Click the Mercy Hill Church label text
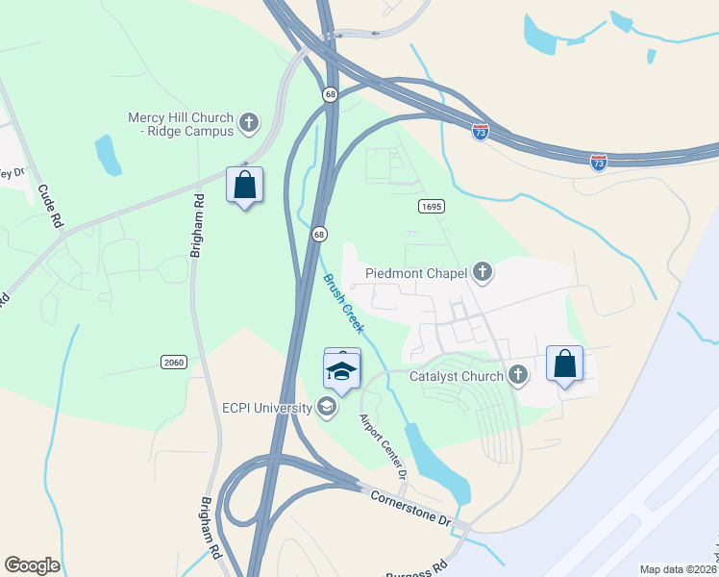click(x=181, y=124)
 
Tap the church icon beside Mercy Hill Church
click(x=249, y=122)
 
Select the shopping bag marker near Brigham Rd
click(x=244, y=186)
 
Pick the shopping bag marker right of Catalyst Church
click(x=564, y=364)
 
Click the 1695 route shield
click(x=431, y=207)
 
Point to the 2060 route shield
click(x=173, y=362)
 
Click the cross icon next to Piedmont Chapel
click(x=483, y=273)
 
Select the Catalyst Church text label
click(x=456, y=376)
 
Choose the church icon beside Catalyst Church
click(x=519, y=375)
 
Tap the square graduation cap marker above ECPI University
click(x=342, y=368)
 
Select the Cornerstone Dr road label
click(x=410, y=506)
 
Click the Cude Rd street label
click(x=49, y=205)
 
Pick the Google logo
click(x=32, y=565)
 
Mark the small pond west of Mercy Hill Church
click(x=107, y=154)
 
